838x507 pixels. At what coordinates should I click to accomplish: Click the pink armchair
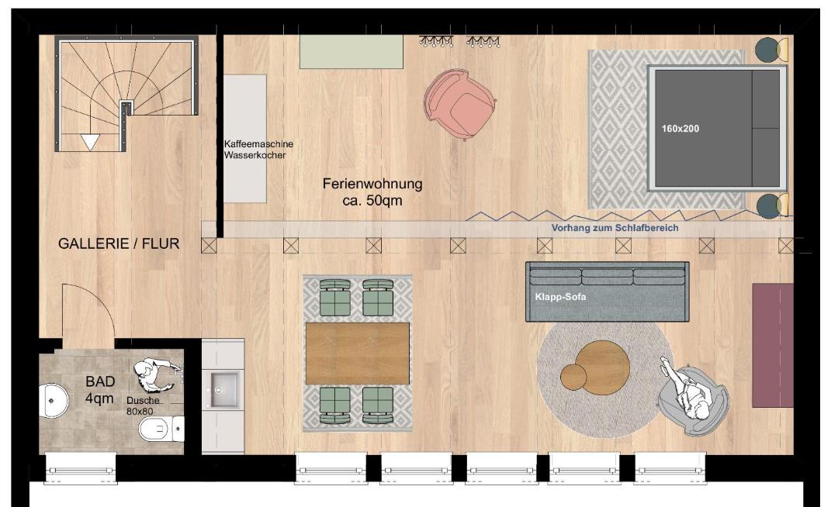pos(459,104)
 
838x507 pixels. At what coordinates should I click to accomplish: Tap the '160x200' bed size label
pos(680,129)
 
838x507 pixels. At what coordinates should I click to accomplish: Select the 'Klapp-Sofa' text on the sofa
pos(560,297)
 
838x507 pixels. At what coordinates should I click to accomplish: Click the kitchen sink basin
pos(224,390)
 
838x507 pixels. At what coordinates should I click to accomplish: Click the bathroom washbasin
pos(54,400)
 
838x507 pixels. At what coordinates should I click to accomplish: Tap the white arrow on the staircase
pos(90,142)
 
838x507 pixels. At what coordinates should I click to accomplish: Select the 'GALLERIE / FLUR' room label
pos(119,244)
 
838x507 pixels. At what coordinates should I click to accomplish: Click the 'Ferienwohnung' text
pos(372,185)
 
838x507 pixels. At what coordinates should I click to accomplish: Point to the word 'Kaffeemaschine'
pos(258,144)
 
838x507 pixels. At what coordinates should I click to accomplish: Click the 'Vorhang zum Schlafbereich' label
pos(615,228)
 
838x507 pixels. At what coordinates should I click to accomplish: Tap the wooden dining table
pos(358,354)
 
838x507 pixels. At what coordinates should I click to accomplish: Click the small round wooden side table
pos(573,376)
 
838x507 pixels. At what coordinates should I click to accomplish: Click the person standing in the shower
pos(155,373)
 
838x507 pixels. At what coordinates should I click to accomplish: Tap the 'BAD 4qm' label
pos(100,390)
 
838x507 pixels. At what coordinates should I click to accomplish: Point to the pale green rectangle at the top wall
pos(351,52)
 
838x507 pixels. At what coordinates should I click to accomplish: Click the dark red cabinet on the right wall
pos(772,345)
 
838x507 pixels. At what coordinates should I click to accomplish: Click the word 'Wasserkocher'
pos(255,155)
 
